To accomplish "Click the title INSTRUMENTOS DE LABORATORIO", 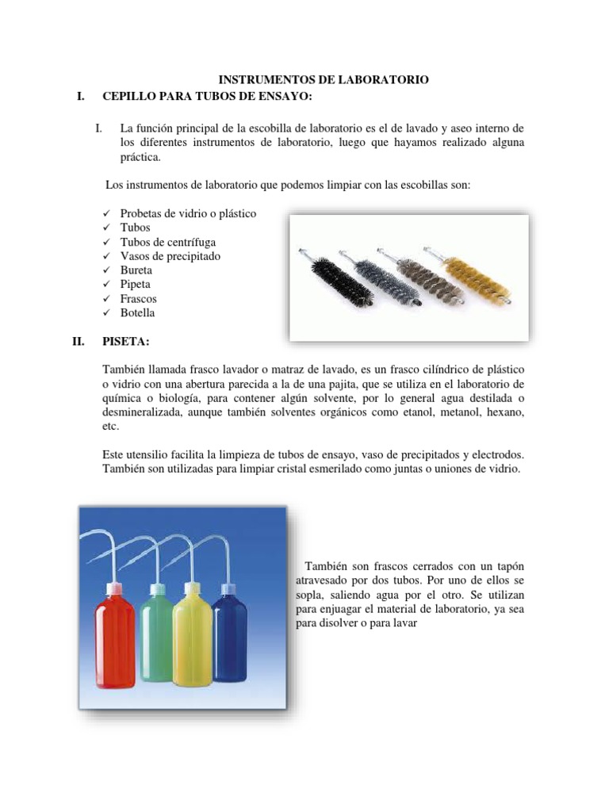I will (x=324, y=80).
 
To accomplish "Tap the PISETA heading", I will (x=124, y=343).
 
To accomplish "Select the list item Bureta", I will (x=136, y=270).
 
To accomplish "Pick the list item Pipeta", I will (x=135, y=284).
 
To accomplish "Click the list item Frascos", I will (x=138, y=298).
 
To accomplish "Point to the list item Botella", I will (x=137, y=312).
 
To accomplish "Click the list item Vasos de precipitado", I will (x=170, y=256).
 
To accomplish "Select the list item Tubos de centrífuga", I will (x=167, y=242).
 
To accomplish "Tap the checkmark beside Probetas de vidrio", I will (x=107, y=214).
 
